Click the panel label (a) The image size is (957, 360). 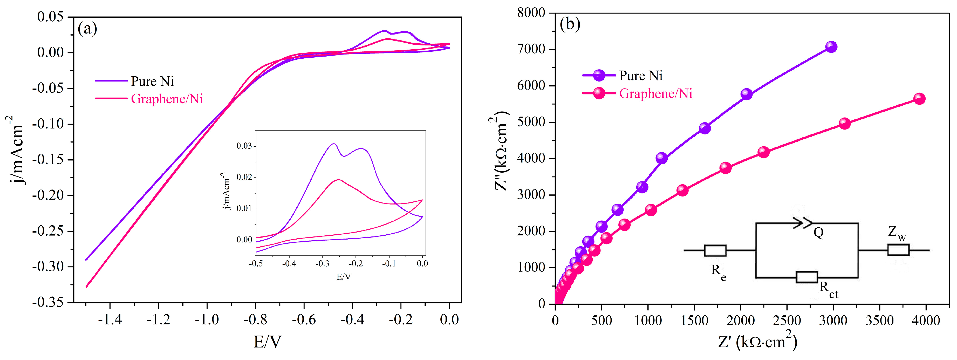coord(87,29)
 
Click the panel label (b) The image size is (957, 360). coord(570,24)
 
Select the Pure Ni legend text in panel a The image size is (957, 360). coord(152,81)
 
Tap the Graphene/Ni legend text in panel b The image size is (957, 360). coord(656,94)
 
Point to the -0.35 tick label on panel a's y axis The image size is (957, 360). coord(47,302)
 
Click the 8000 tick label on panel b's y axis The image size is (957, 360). coord(531,13)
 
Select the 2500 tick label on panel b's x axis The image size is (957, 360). coord(787,320)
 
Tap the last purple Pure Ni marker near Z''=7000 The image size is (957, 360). coord(831,47)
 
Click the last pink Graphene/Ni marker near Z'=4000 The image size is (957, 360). coord(919,99)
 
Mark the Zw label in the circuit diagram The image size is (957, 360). coord(897,233)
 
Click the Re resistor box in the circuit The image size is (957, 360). coord(715,250)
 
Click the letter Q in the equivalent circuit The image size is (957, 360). coord(818,233)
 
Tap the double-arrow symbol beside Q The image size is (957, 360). coord(802,223)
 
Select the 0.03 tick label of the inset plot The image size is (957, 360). coord(244,146)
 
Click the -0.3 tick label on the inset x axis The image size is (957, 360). coord(322,263)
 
